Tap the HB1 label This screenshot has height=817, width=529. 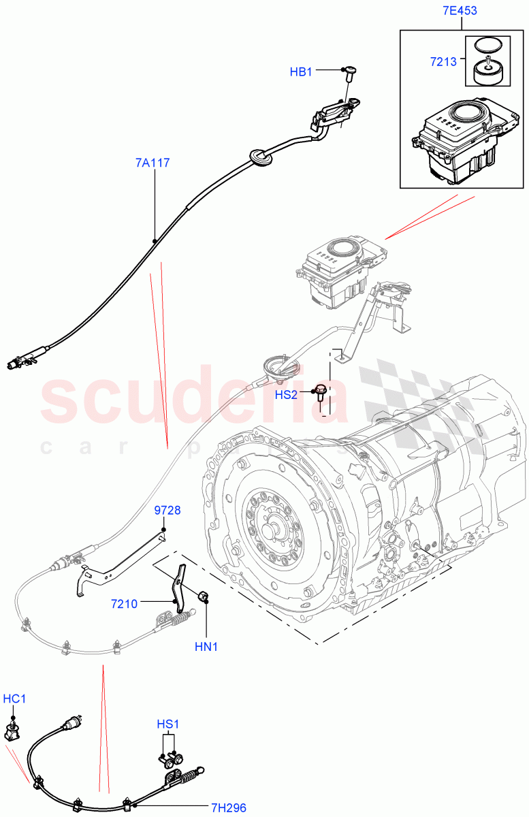pos(301,71)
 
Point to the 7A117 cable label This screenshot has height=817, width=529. pos(153,163)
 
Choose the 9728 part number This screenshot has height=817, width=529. pos(167,510)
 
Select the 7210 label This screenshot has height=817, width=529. pos(125,604)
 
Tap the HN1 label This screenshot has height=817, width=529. pos(206,646)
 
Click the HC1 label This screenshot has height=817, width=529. pos(14,699)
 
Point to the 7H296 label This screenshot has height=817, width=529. pos(228,808)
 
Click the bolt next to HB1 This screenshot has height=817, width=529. pos(351,71)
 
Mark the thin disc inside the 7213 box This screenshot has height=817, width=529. pos(484,45)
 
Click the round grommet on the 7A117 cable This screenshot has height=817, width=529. pos(261,157)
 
